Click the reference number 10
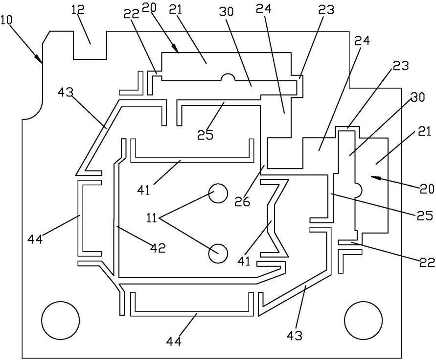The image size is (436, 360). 7,20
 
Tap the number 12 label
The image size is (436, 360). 78,10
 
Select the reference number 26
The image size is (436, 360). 243,202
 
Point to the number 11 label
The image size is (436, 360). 152,218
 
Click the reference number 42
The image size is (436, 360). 158,247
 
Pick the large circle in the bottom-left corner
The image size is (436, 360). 60,320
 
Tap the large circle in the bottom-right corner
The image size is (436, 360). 363,320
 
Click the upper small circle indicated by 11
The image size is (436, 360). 218,193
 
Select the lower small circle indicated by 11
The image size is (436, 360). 218,253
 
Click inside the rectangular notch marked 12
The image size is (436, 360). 90,45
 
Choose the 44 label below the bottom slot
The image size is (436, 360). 174,341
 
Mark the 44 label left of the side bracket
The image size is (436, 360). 35,239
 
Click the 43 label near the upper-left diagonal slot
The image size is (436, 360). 66,92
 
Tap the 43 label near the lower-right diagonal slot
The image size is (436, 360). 295,336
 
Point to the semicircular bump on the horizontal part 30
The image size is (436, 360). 228,77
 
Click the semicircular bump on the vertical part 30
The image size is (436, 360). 358,190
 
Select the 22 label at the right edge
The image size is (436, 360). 427,262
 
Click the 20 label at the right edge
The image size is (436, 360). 427,189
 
